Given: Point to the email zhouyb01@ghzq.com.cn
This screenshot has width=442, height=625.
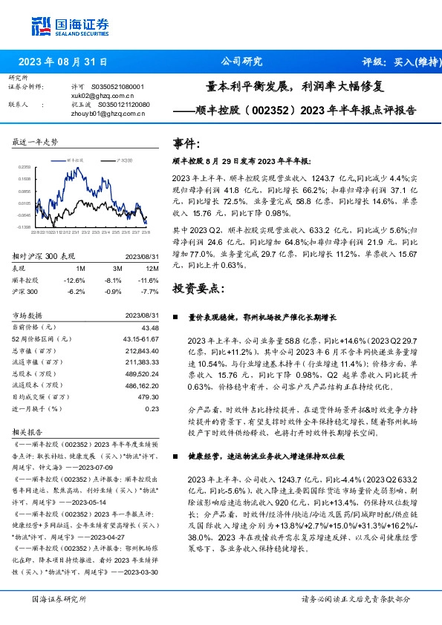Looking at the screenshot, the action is pyautogui.click(x=101, y=114).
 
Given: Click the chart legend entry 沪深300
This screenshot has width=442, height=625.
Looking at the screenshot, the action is pyautogui.click(x=123, y=160).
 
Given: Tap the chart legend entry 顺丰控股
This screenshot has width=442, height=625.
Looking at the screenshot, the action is pyautogui.click(x=84, y=160).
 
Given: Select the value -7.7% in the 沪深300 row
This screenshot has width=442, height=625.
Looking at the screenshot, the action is pyautogui.click(x=151, y=291).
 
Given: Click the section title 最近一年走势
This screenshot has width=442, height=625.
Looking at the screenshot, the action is pyautogui.click(x=35, y=141).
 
